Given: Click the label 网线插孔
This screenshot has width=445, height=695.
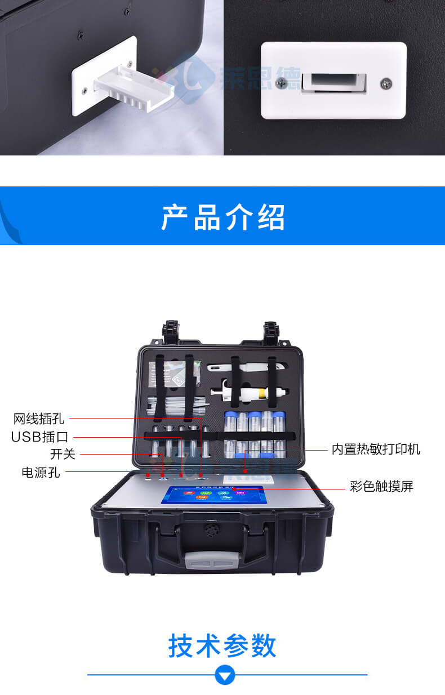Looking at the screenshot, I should tap(39, 419).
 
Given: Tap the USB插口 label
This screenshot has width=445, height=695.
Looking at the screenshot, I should tap(39, 437).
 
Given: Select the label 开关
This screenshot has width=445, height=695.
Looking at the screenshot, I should tap(63, 454).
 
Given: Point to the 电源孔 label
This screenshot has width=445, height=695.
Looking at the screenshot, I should tap(41, 473).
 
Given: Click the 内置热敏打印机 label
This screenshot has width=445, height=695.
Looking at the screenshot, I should tap(376, 449).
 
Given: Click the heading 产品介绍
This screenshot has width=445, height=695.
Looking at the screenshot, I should tap(222, 217).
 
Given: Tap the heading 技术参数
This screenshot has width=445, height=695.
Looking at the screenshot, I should tap(222, 645).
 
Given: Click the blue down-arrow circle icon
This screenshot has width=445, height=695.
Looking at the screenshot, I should tap(225, 674).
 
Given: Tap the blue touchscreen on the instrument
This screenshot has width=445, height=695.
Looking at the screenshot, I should tap(213, 493).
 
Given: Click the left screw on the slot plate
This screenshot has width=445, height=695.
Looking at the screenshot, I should tap(281, 83).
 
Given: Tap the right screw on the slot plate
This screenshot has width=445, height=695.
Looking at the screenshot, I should tap(386, 83).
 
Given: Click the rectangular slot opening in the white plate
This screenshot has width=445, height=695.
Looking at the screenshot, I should tap(332, 82).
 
